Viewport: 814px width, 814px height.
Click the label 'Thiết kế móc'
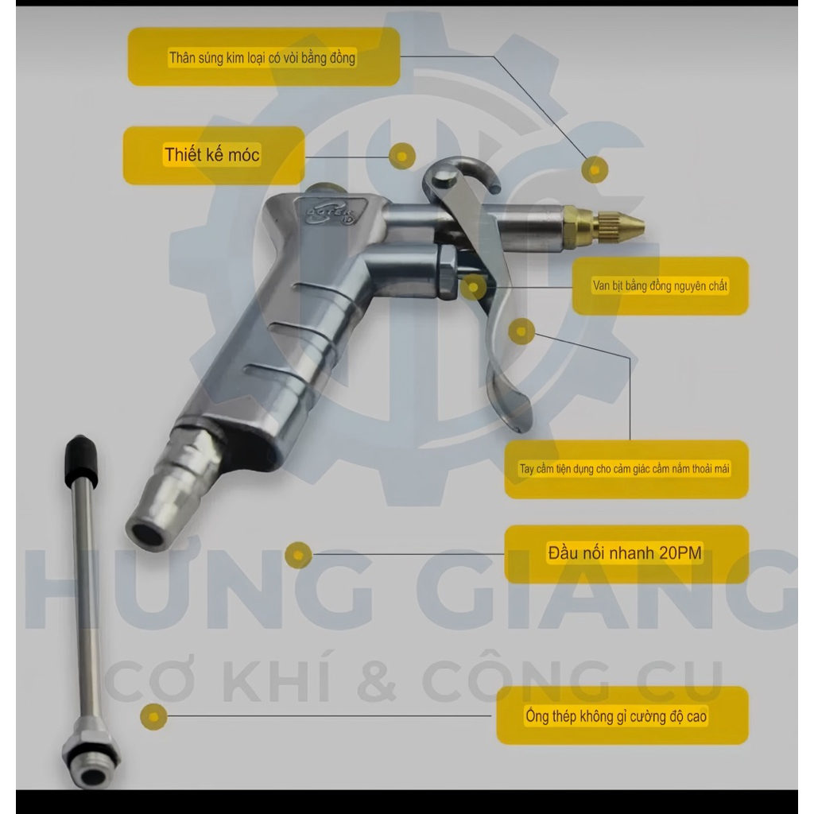[212, 155]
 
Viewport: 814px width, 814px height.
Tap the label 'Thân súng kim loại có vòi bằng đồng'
[263, 57]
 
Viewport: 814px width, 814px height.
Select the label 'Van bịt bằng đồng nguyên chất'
[660, 285]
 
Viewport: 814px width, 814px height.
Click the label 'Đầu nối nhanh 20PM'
[626, 553]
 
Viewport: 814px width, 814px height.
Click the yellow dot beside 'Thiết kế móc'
[401, 156]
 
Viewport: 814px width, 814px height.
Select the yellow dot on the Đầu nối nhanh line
[298, 555]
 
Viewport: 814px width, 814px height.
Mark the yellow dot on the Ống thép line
[153, 717]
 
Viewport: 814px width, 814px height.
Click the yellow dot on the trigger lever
[521, 331]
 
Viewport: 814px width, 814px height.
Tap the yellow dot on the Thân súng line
[595, 170]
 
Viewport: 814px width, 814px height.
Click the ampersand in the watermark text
[378, 680]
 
